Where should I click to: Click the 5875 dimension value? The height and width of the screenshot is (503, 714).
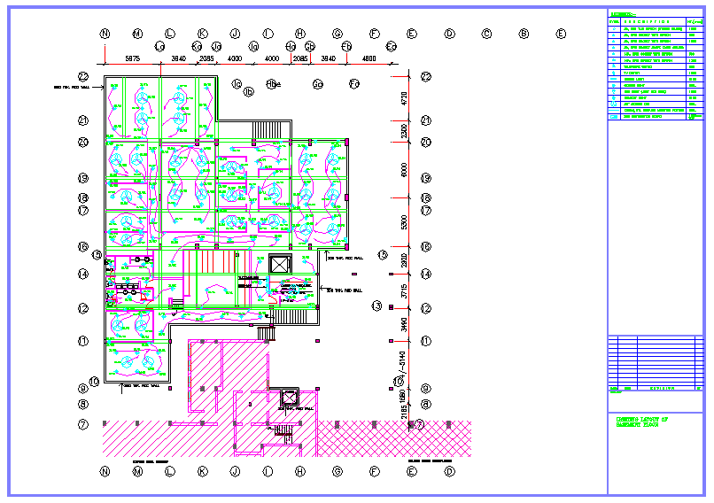coord(132,58)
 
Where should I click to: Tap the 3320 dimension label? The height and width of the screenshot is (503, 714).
coord(403,131)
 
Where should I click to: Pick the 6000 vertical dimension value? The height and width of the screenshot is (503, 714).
coord(403,169)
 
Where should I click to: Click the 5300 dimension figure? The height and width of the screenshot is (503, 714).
coord(403,221)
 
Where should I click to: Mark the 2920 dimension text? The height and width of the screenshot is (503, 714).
coord(403,259)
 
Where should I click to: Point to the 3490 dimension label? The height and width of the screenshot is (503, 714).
coord(403,324)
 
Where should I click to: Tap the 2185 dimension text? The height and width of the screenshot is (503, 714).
coord(403,410)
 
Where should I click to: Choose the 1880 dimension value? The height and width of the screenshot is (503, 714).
coord(403,392)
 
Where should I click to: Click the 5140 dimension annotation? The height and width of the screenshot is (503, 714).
coord(403,361)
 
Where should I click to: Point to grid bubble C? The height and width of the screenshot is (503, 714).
coord(486,34)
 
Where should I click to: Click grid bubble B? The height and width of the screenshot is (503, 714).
coord(524,34)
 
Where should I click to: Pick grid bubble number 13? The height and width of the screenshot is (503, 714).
coord(376,306)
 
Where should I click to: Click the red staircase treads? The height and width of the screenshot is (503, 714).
coord(216,262)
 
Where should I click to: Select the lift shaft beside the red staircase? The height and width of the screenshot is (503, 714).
coord(278,264)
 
